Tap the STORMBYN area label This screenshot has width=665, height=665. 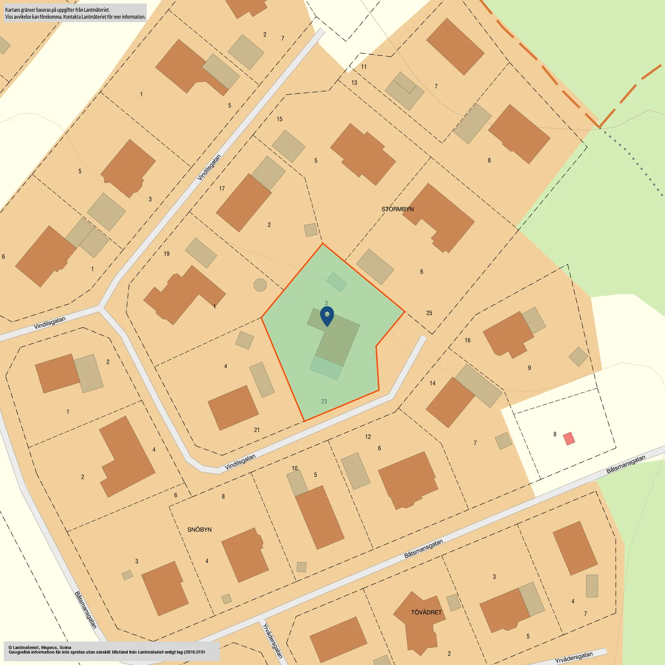tap(397, 209)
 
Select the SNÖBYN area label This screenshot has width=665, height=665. tap(199, 530)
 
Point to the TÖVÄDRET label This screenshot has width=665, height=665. tap(426, 612)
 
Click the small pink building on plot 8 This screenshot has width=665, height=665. tap(569, 438)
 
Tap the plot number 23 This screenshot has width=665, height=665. tap(324, 401)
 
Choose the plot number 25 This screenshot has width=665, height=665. tap(429, 313)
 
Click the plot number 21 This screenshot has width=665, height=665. tap(257, 430)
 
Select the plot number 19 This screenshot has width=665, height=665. tap(166, 254)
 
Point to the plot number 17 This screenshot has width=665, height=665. tap(222, 189)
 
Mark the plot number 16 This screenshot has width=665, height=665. tap(468, 341)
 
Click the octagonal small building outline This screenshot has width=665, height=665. tap(260, 285)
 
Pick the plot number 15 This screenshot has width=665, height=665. tap(279, 119)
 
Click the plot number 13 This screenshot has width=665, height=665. tap(354, 83)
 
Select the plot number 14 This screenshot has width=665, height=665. tap(432, 383)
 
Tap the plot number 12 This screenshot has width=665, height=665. tap(368, 437)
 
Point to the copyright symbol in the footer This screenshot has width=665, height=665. tap(10, 648)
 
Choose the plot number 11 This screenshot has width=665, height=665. tap(364, 67)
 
